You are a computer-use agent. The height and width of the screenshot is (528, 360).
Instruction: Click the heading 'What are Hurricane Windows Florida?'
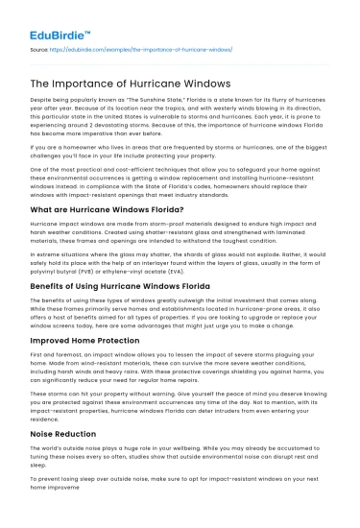(x=108, y=208)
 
